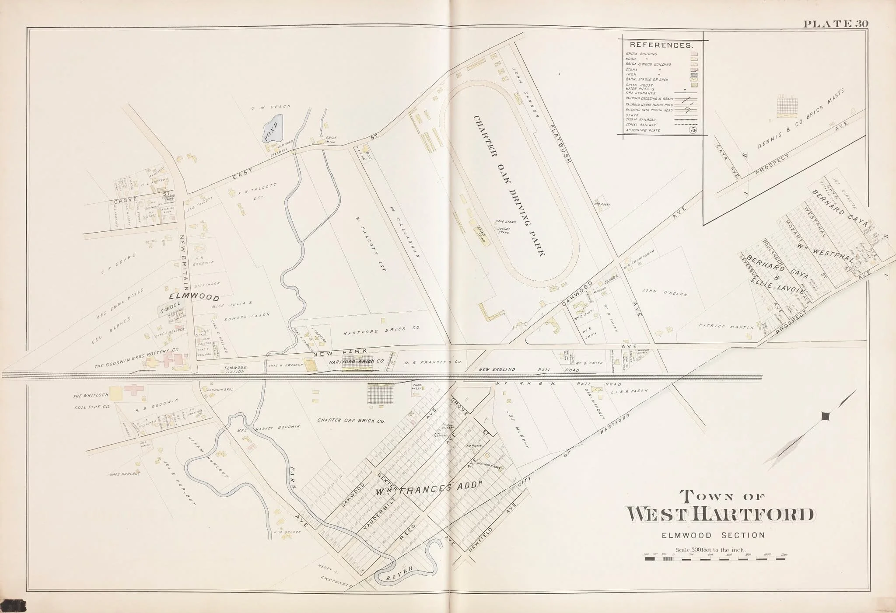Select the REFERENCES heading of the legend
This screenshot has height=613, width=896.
point(661,45)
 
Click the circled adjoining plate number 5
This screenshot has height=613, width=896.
point(693,129)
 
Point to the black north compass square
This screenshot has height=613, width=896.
point(825,416)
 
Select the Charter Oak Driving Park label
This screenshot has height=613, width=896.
point(510,186)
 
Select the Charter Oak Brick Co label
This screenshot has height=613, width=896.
point(351,421)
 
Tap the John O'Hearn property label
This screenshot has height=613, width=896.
point(664,293)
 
